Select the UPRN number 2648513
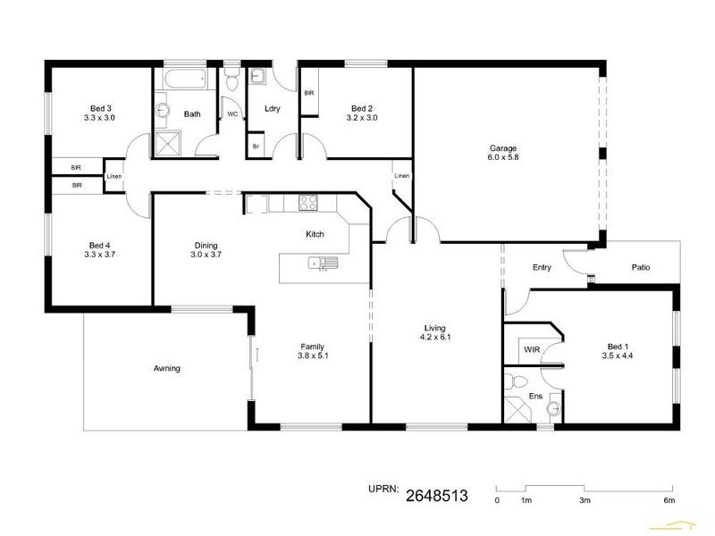pyautogui.click(x=437, y=494)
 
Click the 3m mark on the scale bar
pyautogui.click(x=585, y=500)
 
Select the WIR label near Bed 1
pyautogui.click(x=532, y=349)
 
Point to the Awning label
pyautogui.click(x=167, y=368)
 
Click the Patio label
pyautogui.click(x=640, y=267)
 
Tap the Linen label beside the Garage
pyautogui.click(x=402, y=176)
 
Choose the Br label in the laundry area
pyautogui.click(x=256, y=146)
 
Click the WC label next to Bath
pyautogui.click(x=231, y=114)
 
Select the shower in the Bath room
pyautogui.click(x=167, y=143)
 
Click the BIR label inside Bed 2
pyautogui.click(x=308, y=93)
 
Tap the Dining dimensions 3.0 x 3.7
pyautogui.click(x=206, y=255)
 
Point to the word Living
pyautogui.click(x=434, y=328)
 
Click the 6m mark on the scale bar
pyautogui.click(x=669, y=500)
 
